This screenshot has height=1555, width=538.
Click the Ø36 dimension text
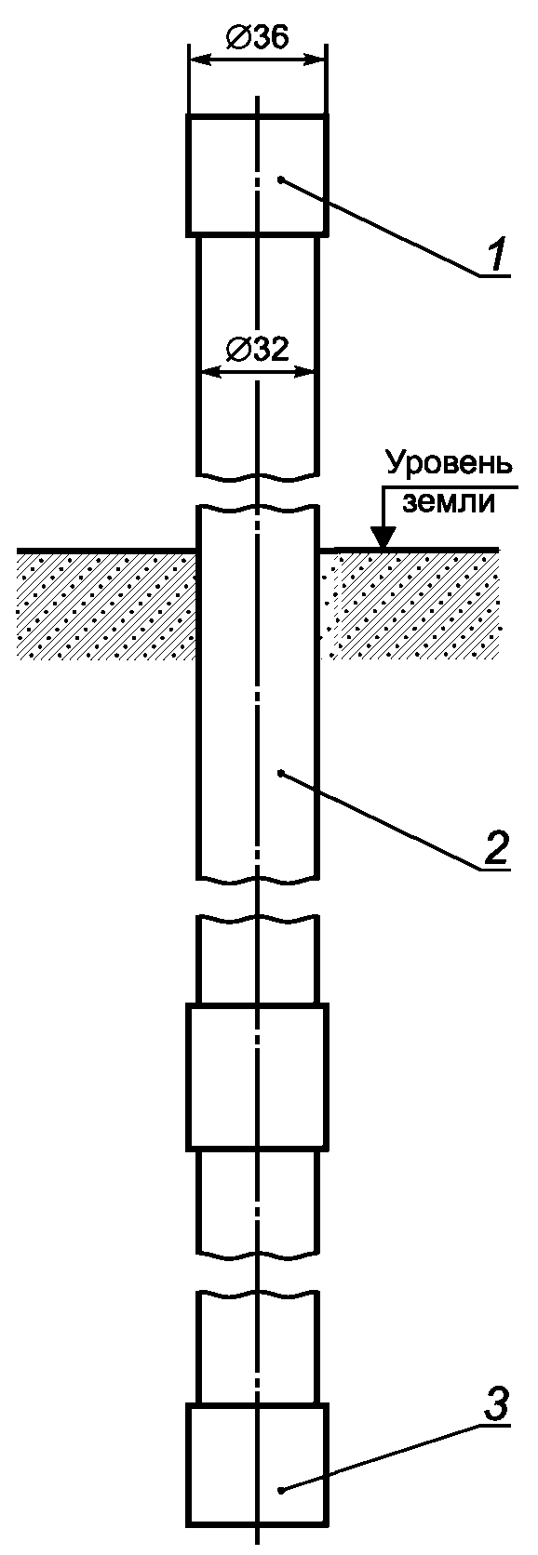coord(257,40)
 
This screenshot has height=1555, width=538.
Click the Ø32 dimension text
coord(257,351)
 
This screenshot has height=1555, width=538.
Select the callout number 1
coord(495,255)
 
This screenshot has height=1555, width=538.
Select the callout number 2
coord(495,844)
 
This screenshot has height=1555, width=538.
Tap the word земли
coord(451,502)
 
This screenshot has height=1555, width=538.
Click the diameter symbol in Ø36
coord(237,40)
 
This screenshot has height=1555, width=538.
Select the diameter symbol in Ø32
coord(237,352)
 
